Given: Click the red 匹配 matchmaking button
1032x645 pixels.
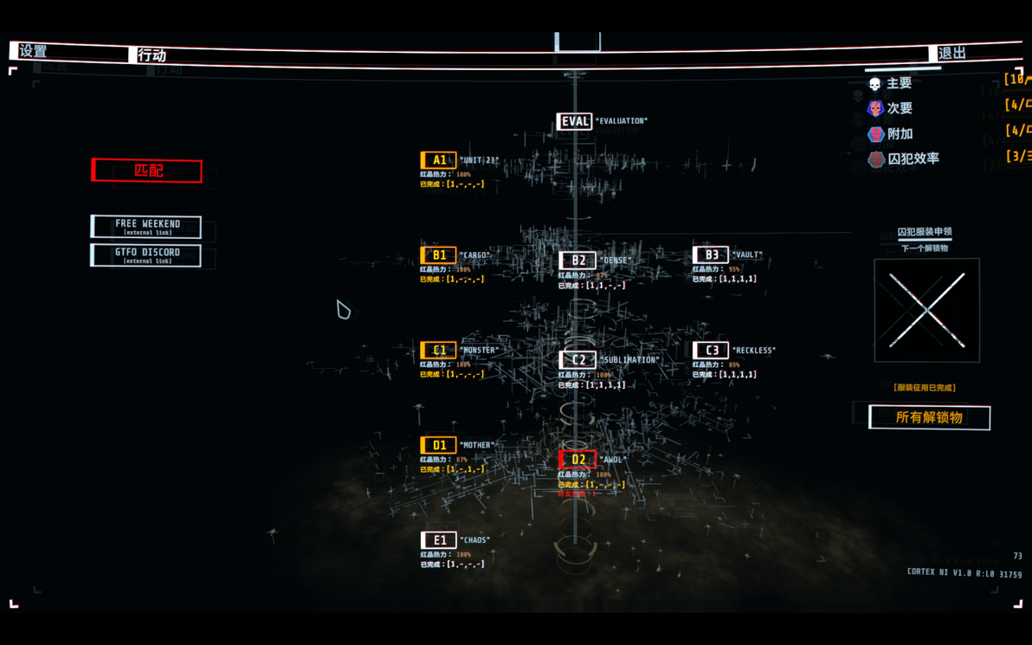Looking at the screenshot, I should [x=147, y=171].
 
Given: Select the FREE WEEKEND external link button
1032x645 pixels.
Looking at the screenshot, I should [x=146, y=227].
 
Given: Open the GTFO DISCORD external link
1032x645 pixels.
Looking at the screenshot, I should [x=146, y=255].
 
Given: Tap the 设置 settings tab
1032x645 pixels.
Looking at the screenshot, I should [x=35, y=52].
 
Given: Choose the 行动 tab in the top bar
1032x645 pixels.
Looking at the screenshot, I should [x=152, y=55].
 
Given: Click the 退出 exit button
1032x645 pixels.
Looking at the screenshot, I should [x=951, y=54].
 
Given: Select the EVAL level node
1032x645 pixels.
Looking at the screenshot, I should [x=575, y=121].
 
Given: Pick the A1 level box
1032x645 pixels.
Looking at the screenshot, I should [x=438, y=160].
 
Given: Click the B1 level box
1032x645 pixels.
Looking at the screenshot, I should [x=438, y=255].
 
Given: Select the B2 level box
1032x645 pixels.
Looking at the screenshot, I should [x=577, y=260].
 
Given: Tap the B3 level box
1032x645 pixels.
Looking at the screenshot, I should [x=710, y=255].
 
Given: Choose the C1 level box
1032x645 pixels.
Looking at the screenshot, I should [x=438, y=351].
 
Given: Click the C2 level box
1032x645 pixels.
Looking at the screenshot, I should [x=577, y=359].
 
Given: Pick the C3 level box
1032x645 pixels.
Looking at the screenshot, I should [x=710, y=350].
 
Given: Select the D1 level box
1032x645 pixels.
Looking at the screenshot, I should [x=438, y=445].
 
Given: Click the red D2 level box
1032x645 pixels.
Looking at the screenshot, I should [x=577, y=460].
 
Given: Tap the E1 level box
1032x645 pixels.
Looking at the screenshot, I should [x=438, y=540].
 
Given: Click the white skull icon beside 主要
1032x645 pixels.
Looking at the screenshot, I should [x=874, y=84].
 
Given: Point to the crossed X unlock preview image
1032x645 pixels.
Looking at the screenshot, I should [x=926, y=310].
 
